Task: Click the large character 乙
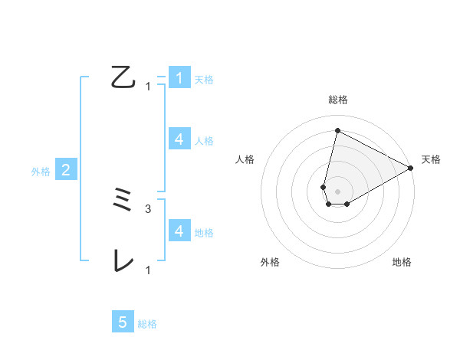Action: point(123,77)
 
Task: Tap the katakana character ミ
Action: point(123,201)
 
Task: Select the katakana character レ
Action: point(123,262)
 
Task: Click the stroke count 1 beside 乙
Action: point(148,87)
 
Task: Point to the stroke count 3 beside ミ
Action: point(148,208)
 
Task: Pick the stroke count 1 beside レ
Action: point(148,270)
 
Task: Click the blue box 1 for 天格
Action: point(179,77)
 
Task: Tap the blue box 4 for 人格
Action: point(179,139)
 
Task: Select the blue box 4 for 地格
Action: point(179,231)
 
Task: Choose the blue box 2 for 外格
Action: point(66,170)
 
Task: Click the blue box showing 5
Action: point(123,322)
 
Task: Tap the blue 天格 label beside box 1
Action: point(204,79)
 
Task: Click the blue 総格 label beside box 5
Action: point(147,323)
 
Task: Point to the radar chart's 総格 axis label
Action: point(337,100)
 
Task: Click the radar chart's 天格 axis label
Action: point(431,159)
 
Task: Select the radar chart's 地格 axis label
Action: point(402,262)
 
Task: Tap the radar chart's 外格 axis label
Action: point(270,262)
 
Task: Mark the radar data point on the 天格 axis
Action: point(410,168)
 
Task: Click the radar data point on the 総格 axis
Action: point(337,131)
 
